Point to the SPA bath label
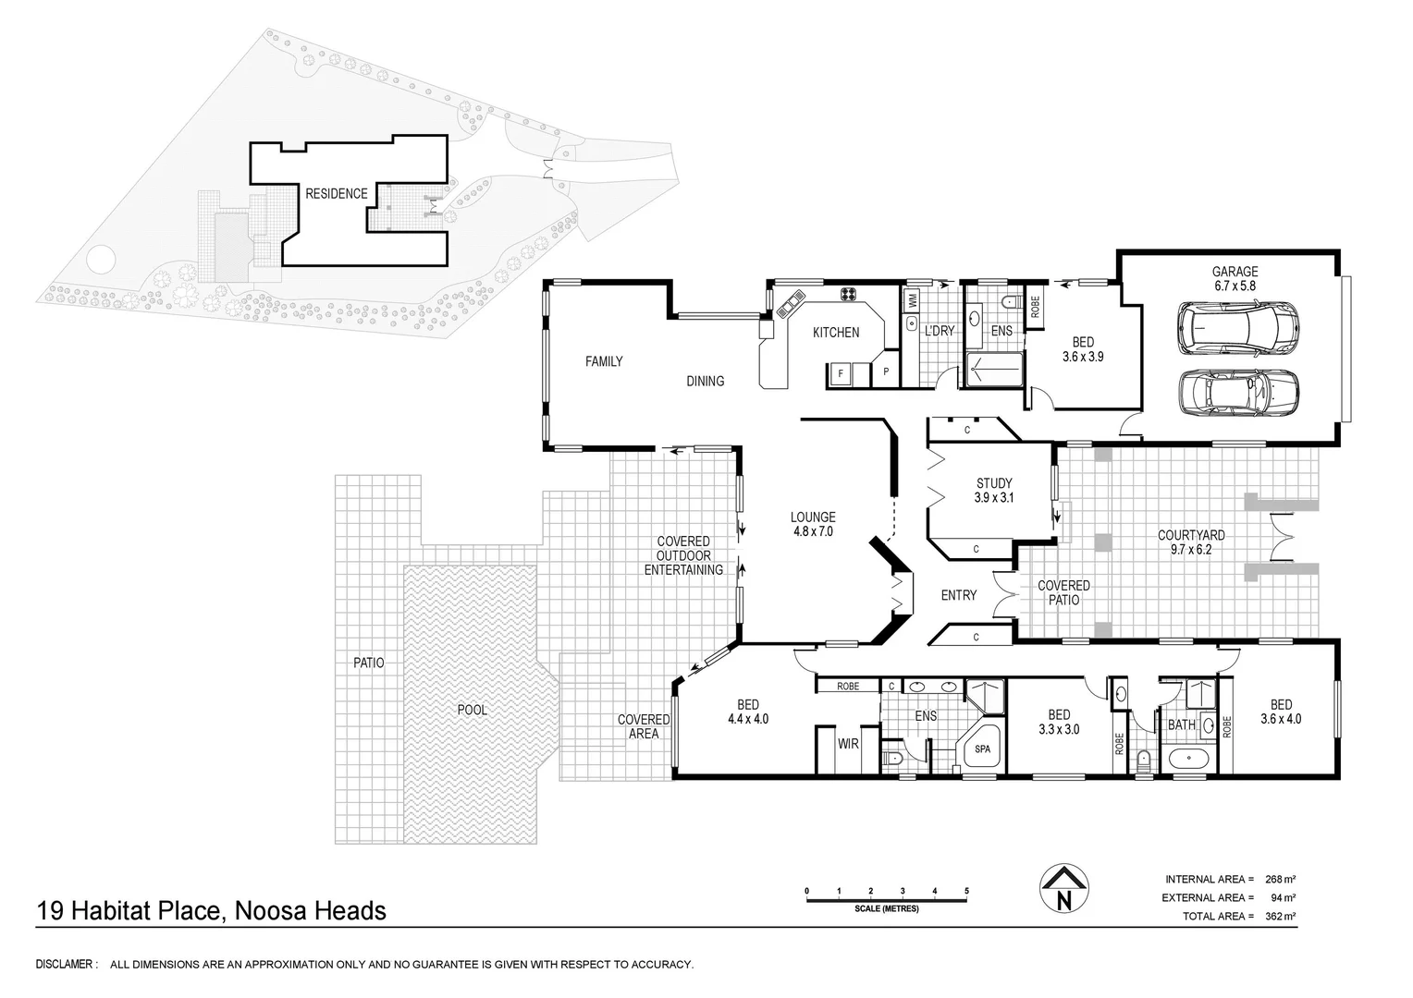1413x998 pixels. (982, 748)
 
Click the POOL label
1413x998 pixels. (472, 710)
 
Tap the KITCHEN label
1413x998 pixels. (835, 333)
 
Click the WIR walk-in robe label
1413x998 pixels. (848, 743)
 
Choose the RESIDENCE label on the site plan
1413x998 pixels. (337, 193)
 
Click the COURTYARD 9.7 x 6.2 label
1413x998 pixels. (1191, 542)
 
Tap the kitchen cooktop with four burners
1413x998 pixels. (847, 295)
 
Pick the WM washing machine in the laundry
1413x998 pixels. (912, 300)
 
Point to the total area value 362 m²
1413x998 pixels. (1281, 916)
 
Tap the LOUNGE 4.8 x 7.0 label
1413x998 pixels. (813, 524)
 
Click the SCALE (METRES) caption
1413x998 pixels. (886, 908)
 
